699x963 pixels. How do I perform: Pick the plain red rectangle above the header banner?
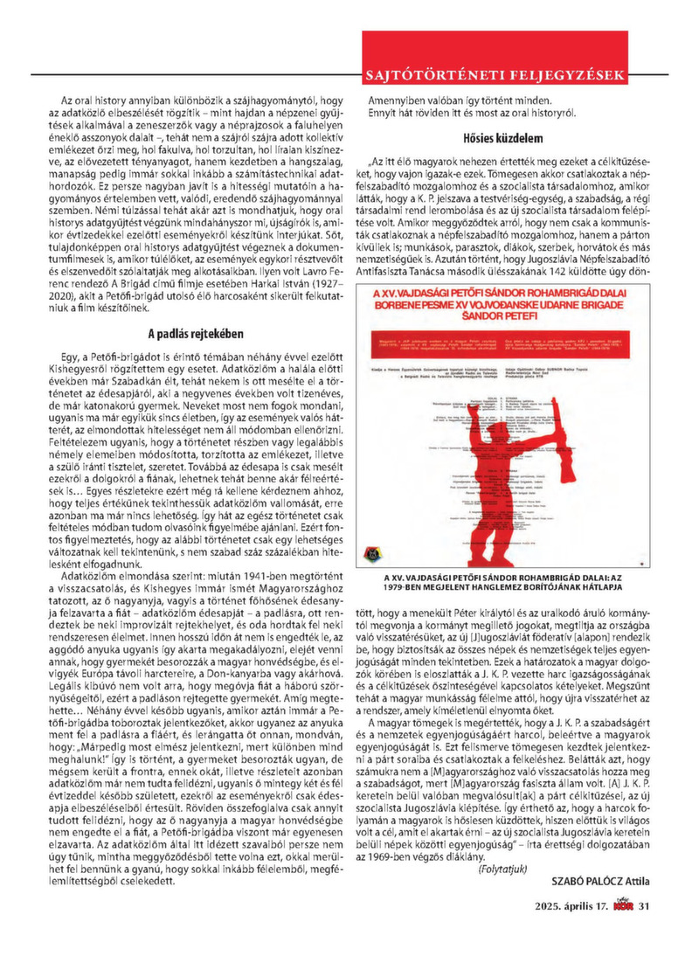tap(495, 44)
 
